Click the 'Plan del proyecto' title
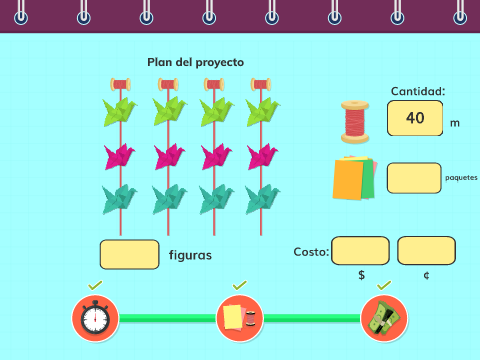pyautogui.click(x=196, y=62)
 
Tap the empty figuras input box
pyautogui.click(x=129, y=254)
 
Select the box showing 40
pyautogui.click(x=415, y=118)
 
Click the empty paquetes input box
pyautogui.click(x=414, y=178)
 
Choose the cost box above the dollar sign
pyautogui.click(x=360, y=251)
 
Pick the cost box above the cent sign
pyautogui.click(x=426, y=251)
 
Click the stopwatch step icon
pyautogui.click(x=95, y=318)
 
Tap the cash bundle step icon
pyautogui.click(x=384, y=318)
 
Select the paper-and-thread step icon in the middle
pyautogui.click(x=240, y=318)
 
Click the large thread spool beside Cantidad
pyautogui.click(x=355, y=122)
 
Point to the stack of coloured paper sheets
pyautogui.click(x=355, y=178)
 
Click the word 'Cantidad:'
pyautogui.click(x=418, y=91)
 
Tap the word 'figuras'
pyautogui.click(x=190, y=255)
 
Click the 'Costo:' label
pyautogui.click(x=311, y=252)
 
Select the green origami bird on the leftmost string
pyautogui.click(x=120, y=112)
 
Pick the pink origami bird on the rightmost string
pyautogui.click(x=263, y=156)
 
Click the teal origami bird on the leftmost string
pyautogui.click(x=119, y=199)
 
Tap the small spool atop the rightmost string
pyautogui.click(x=261, y=85)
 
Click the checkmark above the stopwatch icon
pyautogui.click(x=95, y=285)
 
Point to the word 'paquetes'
pyautogui.click(x=461, y=178)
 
